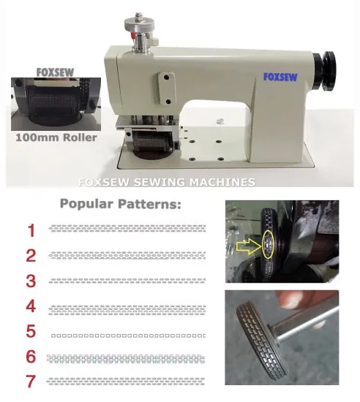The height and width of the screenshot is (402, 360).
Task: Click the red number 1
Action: (31, 231)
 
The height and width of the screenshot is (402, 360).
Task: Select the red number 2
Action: (31, 256)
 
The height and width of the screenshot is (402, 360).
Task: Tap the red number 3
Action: (31, 281)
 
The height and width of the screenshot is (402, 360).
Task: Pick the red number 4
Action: (31, 306)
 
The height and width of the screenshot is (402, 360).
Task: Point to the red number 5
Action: (31, 331)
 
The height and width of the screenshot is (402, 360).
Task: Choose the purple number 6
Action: (31, 357)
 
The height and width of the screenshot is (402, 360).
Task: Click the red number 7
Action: (31, 382)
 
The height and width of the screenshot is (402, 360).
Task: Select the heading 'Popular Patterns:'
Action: (119, 205)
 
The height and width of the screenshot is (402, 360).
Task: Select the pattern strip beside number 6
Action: (126, 359)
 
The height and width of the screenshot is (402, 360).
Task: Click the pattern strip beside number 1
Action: (126, 228)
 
